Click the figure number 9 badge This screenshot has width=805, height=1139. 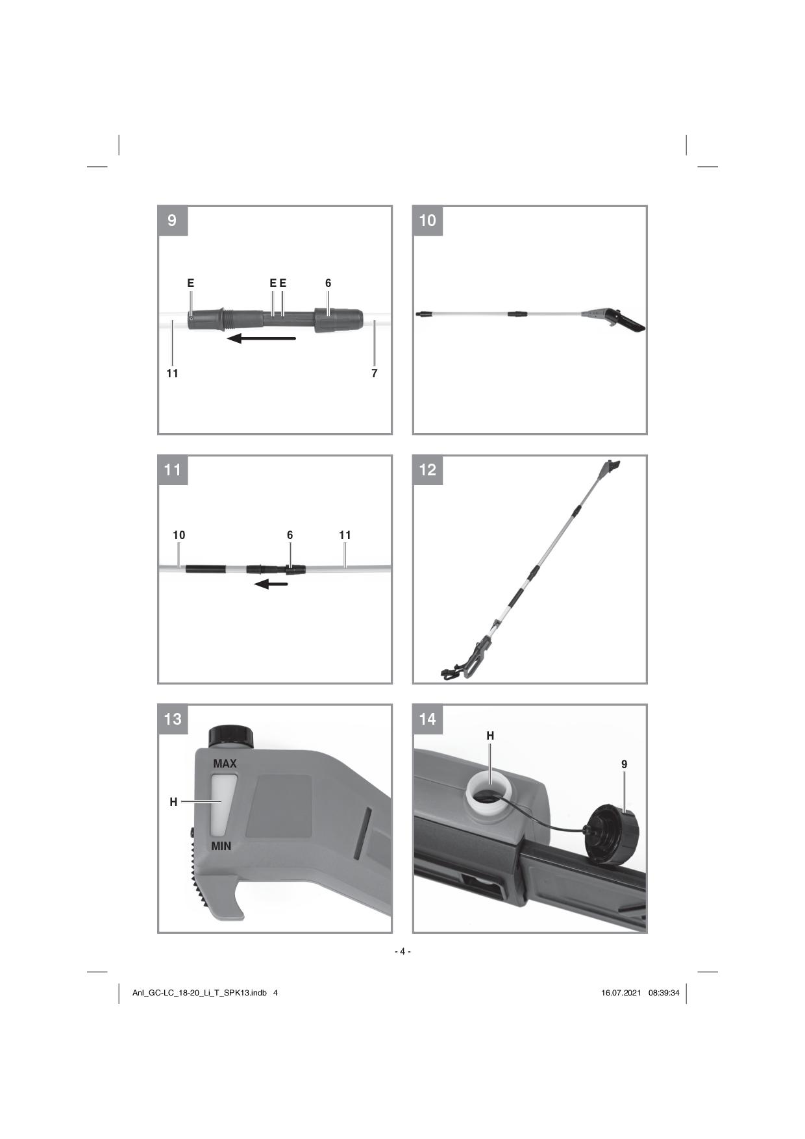pyautogui.click(x=173, y=221)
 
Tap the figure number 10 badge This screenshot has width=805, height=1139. pyautogui.click(x=428, y=221)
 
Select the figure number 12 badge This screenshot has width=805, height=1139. pyautogui.click(x=428, y=470)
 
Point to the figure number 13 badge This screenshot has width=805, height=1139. pyautogui.click(x=173, y=720)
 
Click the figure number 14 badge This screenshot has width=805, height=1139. pyautogui.click(x=428, y=720)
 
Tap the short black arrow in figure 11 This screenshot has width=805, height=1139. pyautogui.click(x=271, y=584)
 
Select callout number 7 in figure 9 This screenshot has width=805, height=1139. pyautogui.click(x=375, y=373)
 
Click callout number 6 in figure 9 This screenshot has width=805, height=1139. pyautogui.click(x=328, y=283)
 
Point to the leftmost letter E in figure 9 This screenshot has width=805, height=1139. pyautogui.click(x=191, y=283)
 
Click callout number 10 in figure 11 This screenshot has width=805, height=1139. pyautogui.click(x=179, y=535)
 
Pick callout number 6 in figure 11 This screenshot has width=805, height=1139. pyautogui.click(x=290, y=535)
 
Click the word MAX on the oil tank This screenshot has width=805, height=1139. pyautogui.click(x=225, y=764)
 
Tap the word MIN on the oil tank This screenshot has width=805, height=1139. pyautogui.click(x=221, y=846)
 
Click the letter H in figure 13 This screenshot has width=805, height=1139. pyautogui.click(x=173, y=802)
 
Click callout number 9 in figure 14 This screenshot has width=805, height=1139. pyautogui.click(x=625, y=764)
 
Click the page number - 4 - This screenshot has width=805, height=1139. pyautogui.click(x=402, y=951)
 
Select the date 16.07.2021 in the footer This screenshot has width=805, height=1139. pyautogui.click(x=621, y=993)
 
